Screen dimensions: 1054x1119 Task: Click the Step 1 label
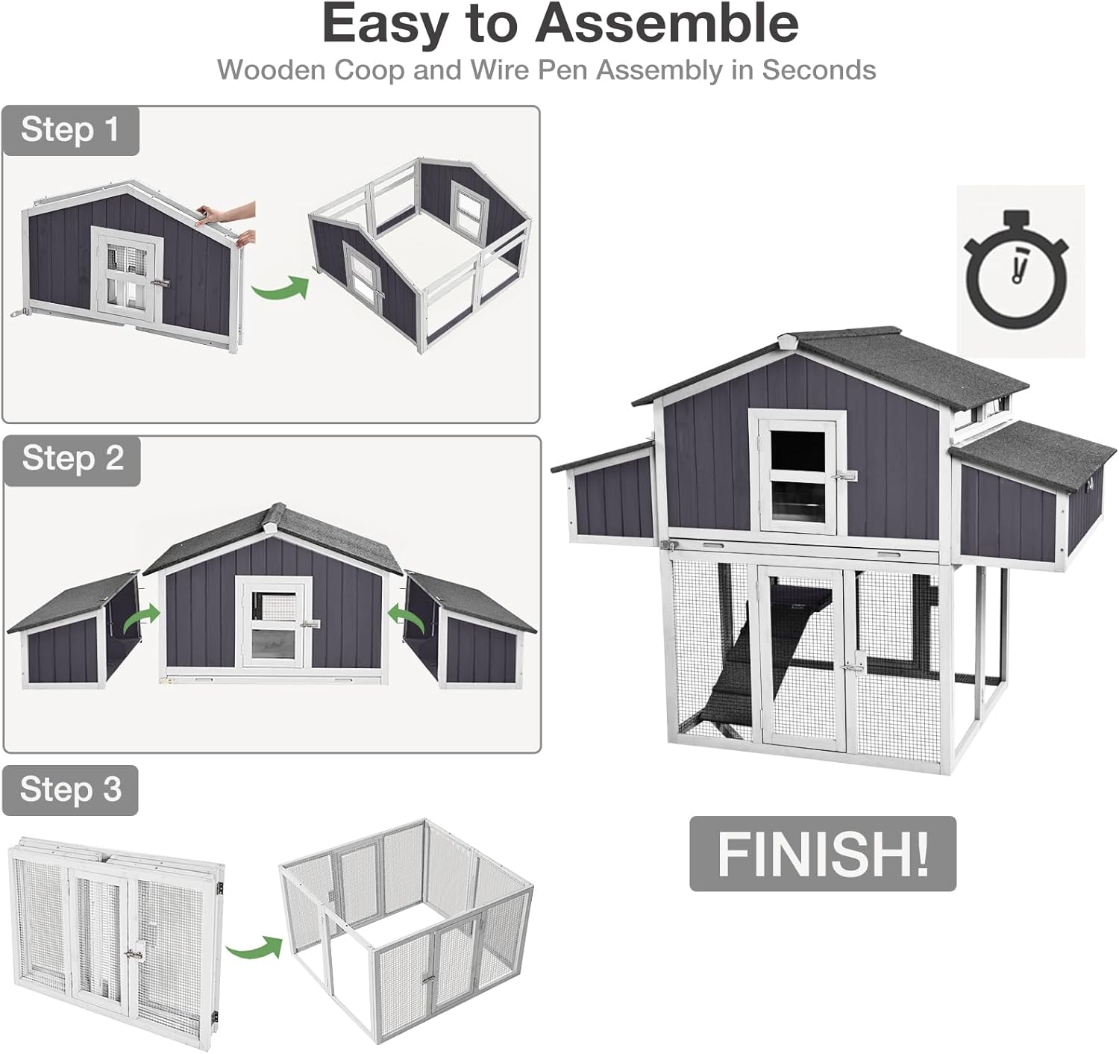pos(70,130)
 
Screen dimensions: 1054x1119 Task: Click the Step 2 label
pos(72,458)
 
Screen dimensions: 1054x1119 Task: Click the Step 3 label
pos(70,789)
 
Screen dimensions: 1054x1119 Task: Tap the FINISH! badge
pos(822,853)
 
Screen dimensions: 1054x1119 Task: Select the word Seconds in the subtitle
pos(818,70)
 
